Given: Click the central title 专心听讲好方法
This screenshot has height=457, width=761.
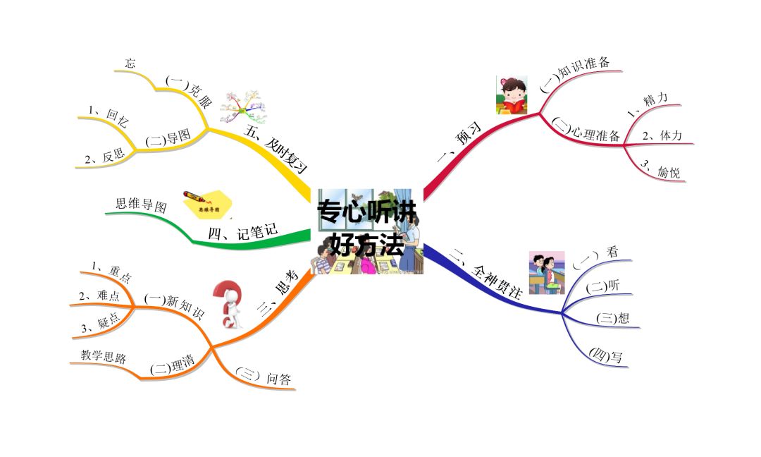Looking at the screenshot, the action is click(366, 228).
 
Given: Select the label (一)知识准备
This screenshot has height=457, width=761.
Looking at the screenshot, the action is click(575, 75).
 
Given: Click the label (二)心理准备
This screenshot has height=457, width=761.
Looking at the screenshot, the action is click(586, 130).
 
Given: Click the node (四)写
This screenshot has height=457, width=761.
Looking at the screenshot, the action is click(607, 355).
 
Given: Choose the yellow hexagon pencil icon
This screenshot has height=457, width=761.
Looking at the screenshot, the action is click(202, 205).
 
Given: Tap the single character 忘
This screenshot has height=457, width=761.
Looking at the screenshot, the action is click(130, 63).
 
